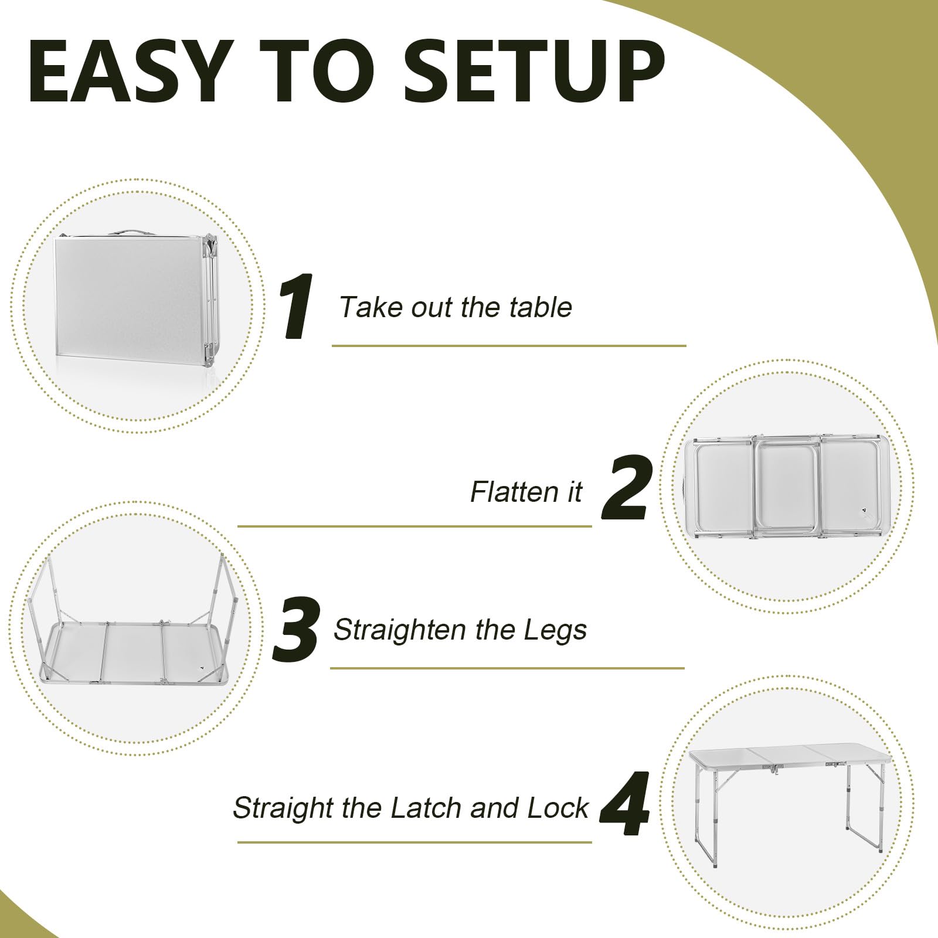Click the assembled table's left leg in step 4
(712, 821)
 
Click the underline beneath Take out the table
(509, 346)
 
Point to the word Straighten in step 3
(401, 630)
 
